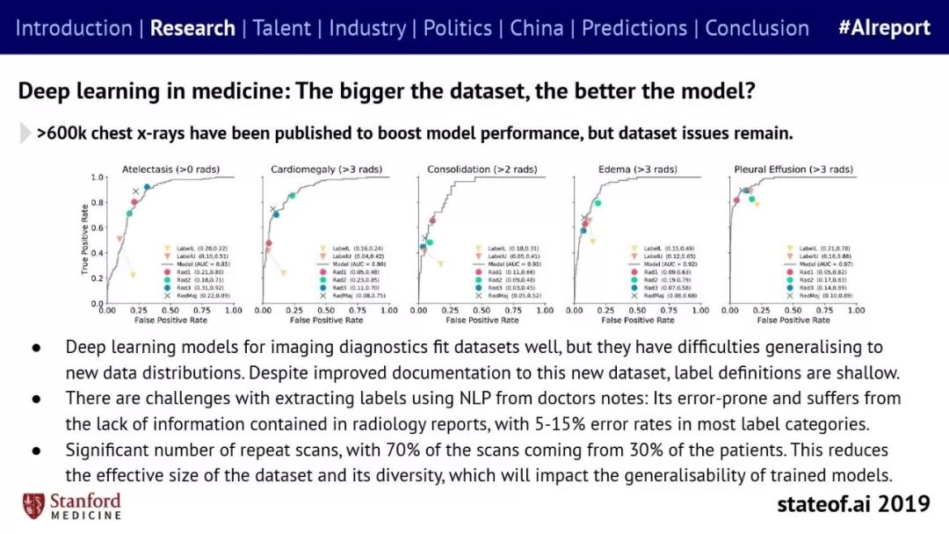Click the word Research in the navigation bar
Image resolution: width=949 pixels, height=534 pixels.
[192, 28]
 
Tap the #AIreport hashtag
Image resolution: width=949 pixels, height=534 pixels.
[884, 28]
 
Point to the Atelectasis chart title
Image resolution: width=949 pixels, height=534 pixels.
[170, 169]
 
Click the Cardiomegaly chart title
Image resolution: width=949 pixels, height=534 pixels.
[326, 169]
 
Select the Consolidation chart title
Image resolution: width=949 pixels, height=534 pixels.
[481, 169]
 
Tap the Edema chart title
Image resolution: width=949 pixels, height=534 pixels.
[636, 169]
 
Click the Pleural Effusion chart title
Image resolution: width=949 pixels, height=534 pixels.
[793, 169]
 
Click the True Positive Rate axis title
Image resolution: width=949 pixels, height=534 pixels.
[86, 240]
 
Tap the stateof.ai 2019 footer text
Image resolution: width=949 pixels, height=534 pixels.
[852, 504]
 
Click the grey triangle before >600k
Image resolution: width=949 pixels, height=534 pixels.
[25, 133]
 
